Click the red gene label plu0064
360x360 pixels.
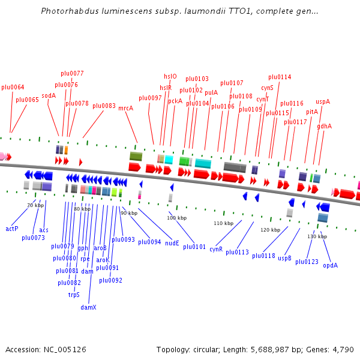point(13,88)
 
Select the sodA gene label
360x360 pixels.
point(49,95)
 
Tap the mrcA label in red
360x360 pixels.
point(125,109)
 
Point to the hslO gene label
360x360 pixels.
point(170,76)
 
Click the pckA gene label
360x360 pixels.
point(175,101)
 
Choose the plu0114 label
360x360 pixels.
point(280,77)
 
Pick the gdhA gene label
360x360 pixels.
point(325,127)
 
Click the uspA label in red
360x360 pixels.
point(323,101)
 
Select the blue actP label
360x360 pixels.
point(12,229)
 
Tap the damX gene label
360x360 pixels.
point(89,307)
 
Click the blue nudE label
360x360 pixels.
point(172,243)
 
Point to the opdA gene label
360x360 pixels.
point(330,265)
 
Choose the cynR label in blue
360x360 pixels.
point(216,249)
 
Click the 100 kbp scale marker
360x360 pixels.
point(173,218)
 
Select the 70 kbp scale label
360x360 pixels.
point(35,205)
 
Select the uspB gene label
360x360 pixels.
point(284,259)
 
